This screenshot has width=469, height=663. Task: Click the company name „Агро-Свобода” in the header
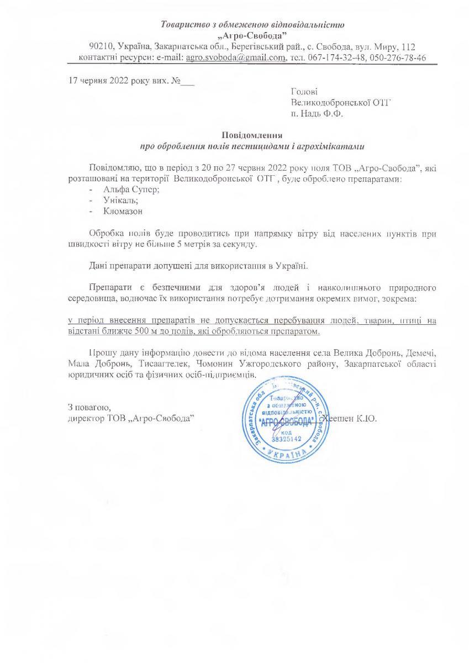click(252, 35)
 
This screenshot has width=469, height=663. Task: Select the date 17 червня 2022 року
click(106, 80)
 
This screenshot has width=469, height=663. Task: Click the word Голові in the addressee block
click(304, 91)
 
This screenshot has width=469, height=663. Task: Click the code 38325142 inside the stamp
click(285, 439)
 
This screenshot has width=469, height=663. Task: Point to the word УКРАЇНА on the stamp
click(285, 454)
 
